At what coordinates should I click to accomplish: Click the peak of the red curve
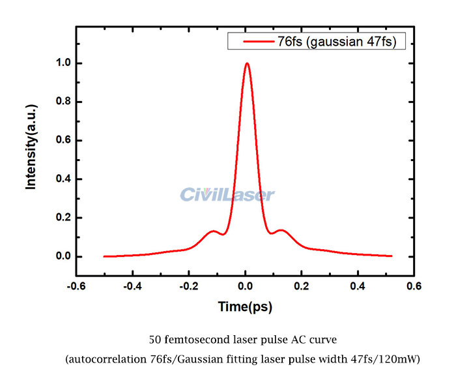[247, 63]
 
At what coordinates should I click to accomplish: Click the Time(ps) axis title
[245, 306]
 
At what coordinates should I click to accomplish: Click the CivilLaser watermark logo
[227, 194]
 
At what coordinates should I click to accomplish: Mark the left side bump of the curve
[212, 231]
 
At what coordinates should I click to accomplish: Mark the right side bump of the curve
[281, 230]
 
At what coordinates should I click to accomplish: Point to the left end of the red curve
[104, 256]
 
